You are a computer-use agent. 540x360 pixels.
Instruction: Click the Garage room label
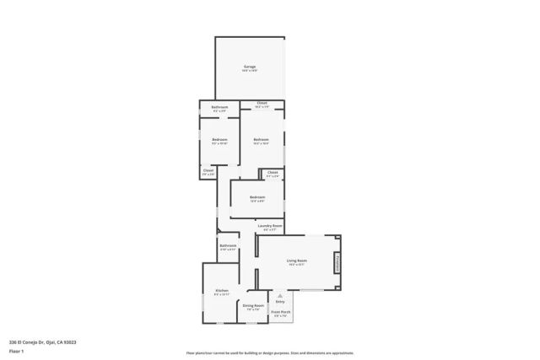click(250, 67)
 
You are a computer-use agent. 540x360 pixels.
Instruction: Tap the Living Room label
click(296, 261)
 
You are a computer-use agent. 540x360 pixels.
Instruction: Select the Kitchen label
click(221, 291)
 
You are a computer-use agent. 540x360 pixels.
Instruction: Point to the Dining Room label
click(253, 305)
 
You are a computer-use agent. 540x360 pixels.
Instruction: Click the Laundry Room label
click(270, 226)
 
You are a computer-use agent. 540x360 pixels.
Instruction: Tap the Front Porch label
click(281, 312)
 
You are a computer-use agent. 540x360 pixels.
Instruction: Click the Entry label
click(280, 301)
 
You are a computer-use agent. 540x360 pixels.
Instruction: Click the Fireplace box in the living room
click(337, 262)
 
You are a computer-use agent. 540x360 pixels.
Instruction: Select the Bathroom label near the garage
click(220, 107)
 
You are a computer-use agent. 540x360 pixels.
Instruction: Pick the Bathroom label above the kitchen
click(228, 245)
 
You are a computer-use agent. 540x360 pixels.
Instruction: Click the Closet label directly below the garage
click(262, 103)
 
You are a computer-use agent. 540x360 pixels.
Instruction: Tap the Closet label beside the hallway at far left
click(208, 169)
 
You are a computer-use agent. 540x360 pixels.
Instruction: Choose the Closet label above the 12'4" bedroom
click(272, 172)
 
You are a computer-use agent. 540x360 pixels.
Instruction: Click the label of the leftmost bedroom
click(219, 138)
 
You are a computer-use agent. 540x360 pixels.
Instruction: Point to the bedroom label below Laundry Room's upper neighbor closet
click(257, 197)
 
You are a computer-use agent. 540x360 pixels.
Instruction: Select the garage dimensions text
click(250, 71)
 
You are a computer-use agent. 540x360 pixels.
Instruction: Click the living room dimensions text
click(296, 265)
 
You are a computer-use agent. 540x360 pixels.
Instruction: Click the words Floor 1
click(15, 351)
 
